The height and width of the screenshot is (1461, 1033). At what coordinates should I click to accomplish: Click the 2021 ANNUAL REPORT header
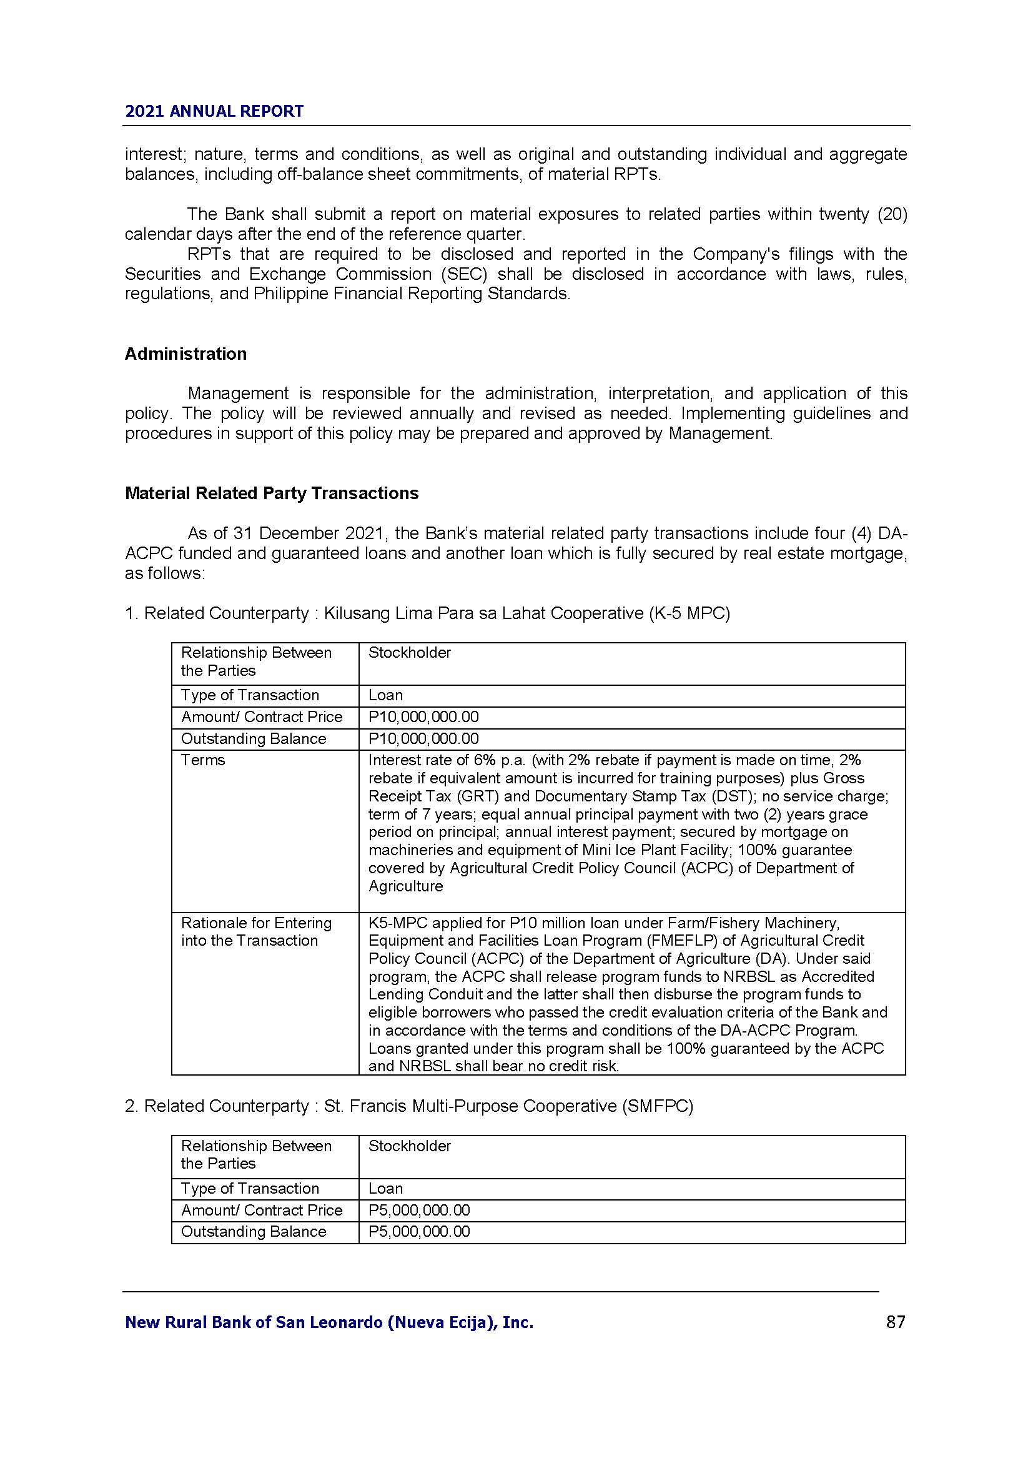[214, 111]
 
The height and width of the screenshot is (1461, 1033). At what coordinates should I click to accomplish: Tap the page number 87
[895, 1322]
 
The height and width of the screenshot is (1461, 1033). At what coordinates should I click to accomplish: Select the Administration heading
[185, 354]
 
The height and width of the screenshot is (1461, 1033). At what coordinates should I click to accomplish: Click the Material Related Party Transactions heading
[272, 493]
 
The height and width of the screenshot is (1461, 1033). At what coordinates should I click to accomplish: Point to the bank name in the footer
[329, 1322]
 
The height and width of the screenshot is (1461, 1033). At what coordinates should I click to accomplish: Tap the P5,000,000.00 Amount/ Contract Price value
[418, 1211]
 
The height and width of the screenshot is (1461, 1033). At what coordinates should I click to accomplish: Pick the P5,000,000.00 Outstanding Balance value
[418, 1231]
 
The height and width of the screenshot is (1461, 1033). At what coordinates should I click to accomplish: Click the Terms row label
[203, 760]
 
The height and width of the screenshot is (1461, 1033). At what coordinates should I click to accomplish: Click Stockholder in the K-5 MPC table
[409, 653]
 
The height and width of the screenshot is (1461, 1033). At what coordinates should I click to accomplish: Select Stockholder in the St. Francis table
[409, 1146]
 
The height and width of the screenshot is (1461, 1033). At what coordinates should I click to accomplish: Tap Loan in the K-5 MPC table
[385, 695]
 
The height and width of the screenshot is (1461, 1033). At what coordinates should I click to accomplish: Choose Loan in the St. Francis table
[385, 1189]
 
